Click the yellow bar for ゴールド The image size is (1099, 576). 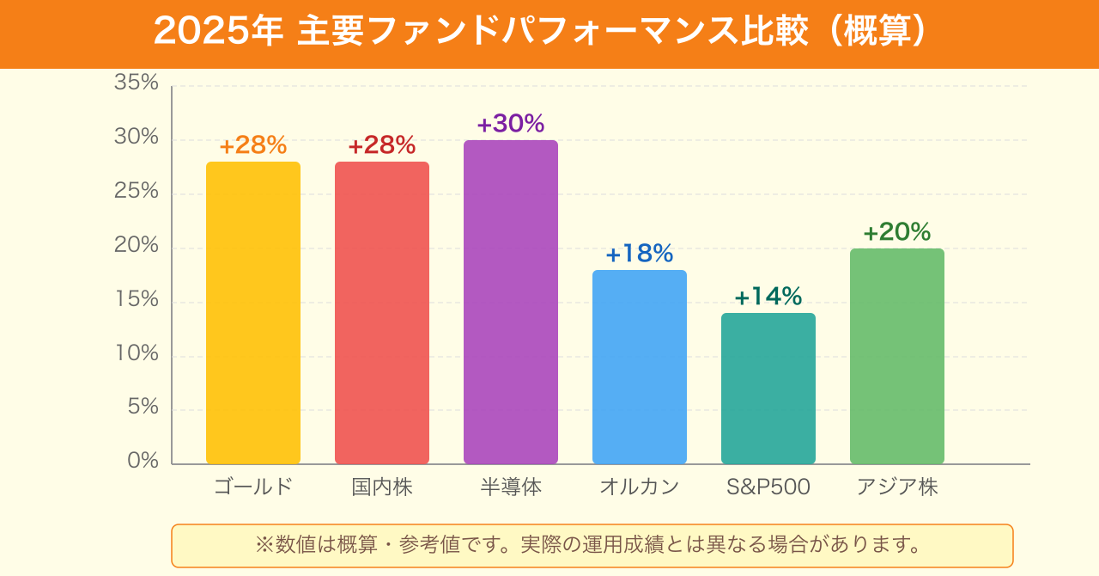253,313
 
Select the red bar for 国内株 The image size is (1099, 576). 382,313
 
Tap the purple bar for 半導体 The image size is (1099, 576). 511,303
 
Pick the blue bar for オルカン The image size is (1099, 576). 640,367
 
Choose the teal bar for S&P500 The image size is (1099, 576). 768,389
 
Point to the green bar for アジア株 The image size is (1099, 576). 897,357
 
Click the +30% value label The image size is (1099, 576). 511,124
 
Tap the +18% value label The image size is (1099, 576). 640,254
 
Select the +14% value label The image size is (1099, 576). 768,297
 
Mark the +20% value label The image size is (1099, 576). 897,232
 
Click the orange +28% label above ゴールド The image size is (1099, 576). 253,145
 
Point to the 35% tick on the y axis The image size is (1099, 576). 137,83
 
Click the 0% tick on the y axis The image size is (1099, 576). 143,461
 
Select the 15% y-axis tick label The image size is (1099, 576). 137,299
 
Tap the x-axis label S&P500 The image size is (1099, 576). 768,487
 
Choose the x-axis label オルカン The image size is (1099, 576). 640,487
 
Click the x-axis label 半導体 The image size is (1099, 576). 511,487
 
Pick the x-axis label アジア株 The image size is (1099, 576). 897,487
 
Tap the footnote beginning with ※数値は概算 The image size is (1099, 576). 592,545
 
